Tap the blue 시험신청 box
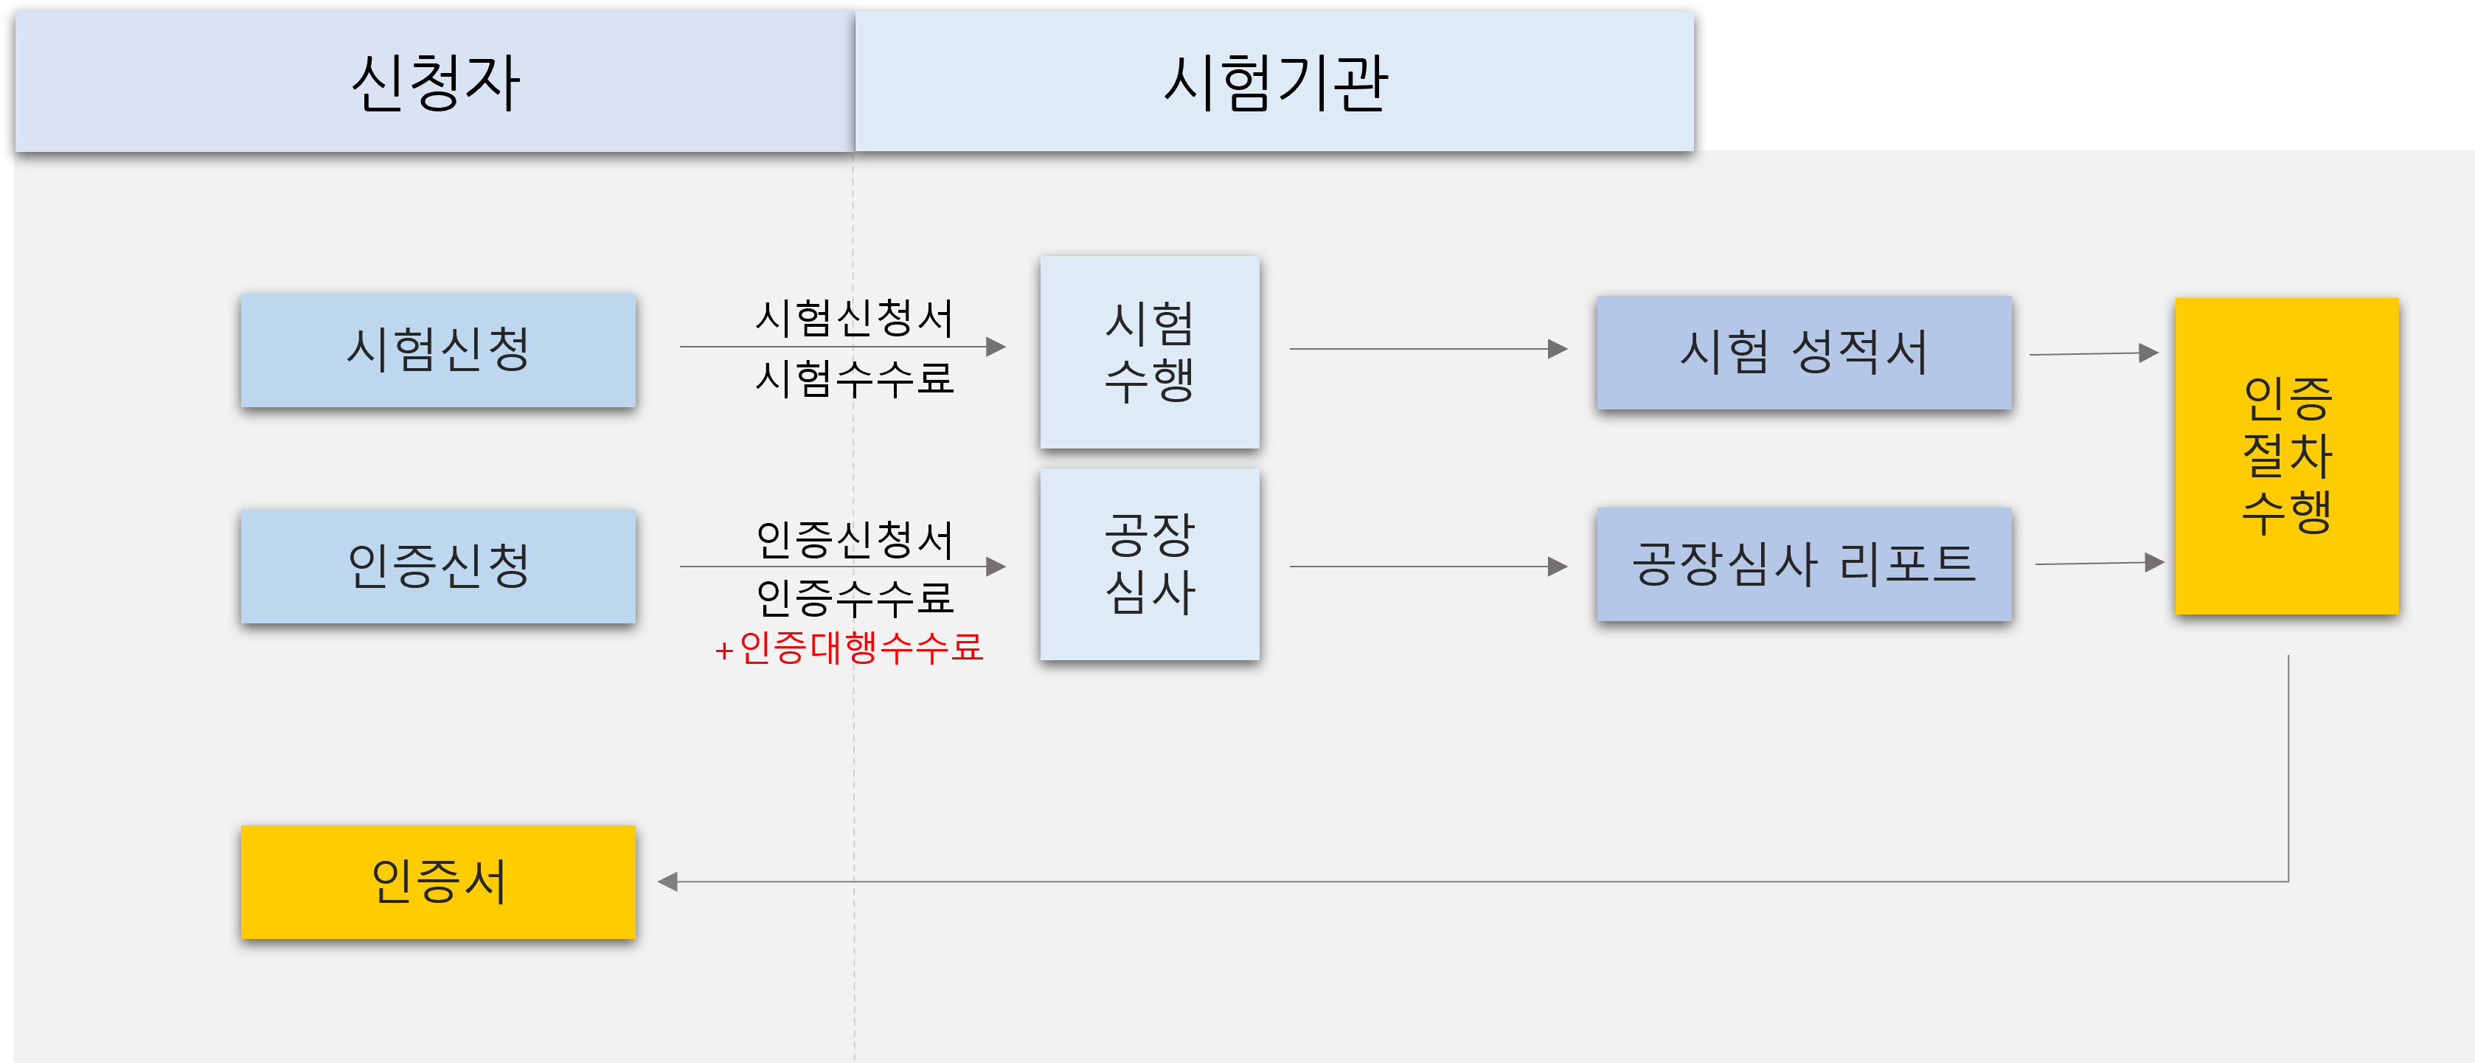tap(438, 350)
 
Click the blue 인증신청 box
tap(438, 566)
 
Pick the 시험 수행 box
tap(1149, 352)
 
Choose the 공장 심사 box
tap(1149, 564)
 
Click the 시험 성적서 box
tap(1803, 352)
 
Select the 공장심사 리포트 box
tap(1803, 564)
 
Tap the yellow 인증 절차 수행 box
tap(2287, 456)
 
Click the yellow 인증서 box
tap(438, 882)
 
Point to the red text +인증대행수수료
tap(848, 648)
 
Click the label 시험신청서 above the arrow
tap(854, 318)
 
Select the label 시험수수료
tap(854, 378)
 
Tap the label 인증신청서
tap(854, 539)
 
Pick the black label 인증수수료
tap(854, 598)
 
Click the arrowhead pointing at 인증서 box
tap(667, 882)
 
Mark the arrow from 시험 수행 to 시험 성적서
tap(1429, 349)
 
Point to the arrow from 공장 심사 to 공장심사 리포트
tap(1429, 566)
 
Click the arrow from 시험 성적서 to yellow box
tap(2094, 353)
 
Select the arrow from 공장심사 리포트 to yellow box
tap(2100, 563)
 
